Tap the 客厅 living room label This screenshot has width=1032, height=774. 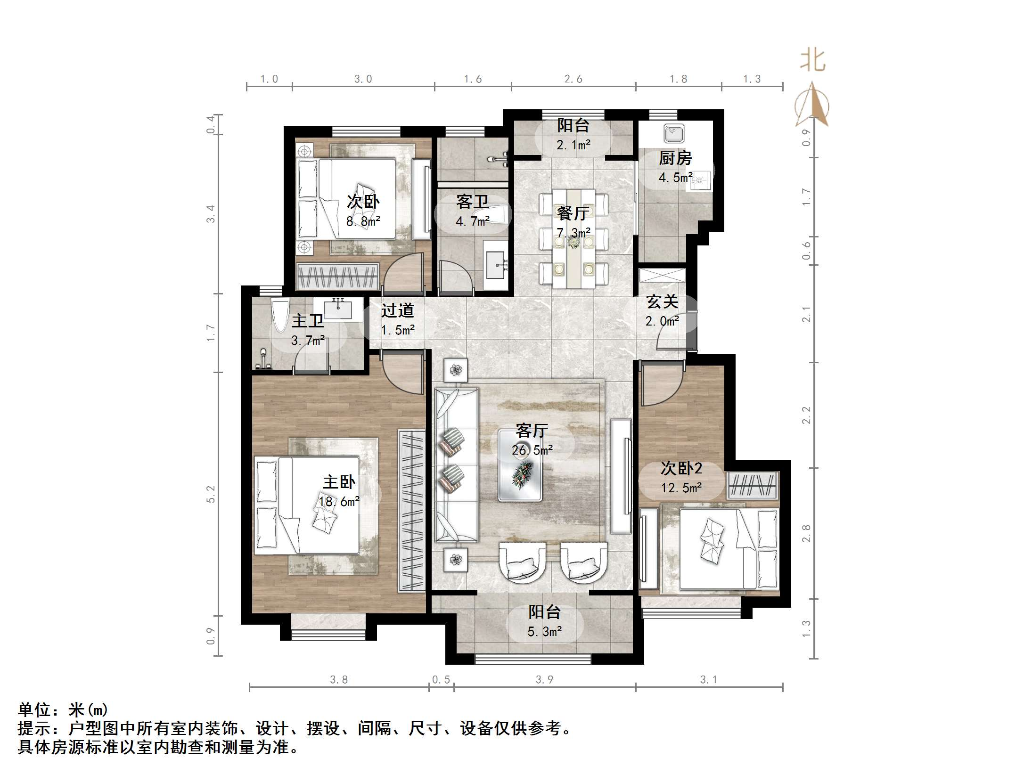(x=532, y=431)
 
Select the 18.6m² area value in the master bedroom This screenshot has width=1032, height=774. (x=339, y=502)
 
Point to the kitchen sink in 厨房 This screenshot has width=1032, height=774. (x=674, y=133)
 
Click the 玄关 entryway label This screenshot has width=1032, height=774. (x=662, y=301)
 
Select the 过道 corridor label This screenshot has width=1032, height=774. (x=397, y=310)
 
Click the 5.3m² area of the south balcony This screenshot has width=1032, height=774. (x=544, y=632)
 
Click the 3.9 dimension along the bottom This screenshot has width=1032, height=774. (x=544, y=679)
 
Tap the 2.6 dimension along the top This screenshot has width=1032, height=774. (x=573, y=79)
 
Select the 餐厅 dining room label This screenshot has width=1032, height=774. (x=573, y=213)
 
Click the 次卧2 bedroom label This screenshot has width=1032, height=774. (x=681, y=468)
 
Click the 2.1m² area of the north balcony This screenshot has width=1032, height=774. (x=573, y=145)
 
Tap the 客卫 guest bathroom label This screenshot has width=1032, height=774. (x=472, y=202)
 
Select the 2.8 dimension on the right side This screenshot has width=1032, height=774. (x=806, y=533)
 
